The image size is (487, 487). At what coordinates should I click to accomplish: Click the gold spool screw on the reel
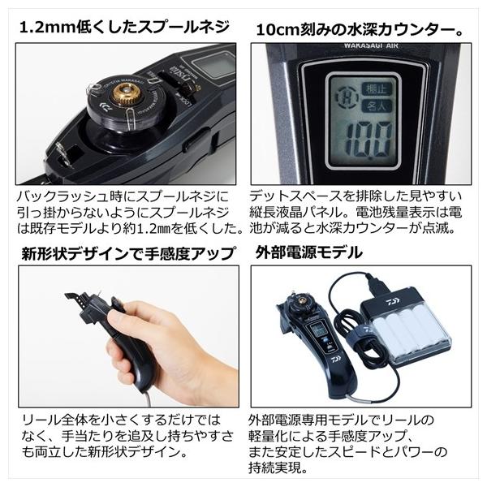(124, 93)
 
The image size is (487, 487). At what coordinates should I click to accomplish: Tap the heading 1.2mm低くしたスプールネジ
(124, 27)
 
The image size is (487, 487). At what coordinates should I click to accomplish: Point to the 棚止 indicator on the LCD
(376, 90)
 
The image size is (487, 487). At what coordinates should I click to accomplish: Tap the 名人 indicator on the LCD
(376, 106)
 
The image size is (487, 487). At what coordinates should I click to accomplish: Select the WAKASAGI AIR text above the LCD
(371, 45)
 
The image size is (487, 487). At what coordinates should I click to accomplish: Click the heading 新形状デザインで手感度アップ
(128, 253)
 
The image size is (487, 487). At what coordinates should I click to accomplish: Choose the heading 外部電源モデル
(309, 252)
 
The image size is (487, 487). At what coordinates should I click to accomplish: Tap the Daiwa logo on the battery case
(393, 302)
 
